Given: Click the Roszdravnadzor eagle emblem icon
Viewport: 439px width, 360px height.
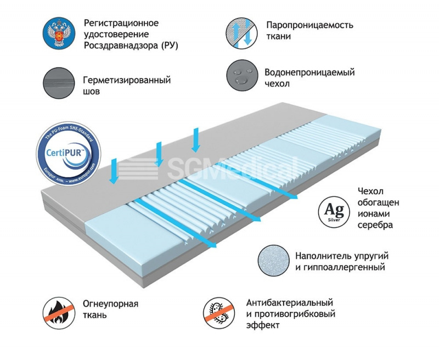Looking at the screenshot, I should pos(58,33).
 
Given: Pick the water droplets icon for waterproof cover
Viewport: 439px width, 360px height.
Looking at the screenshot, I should pos(241,77).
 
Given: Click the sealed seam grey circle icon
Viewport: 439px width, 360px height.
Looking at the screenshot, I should pos(58,84).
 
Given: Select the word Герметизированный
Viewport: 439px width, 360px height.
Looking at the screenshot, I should pos(127,80).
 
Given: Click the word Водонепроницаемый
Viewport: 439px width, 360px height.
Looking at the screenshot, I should pos(309,72).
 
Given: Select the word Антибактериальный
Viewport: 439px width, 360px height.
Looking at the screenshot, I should pos(290,303).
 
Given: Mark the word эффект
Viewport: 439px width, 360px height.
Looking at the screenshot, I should pos(263,325).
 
